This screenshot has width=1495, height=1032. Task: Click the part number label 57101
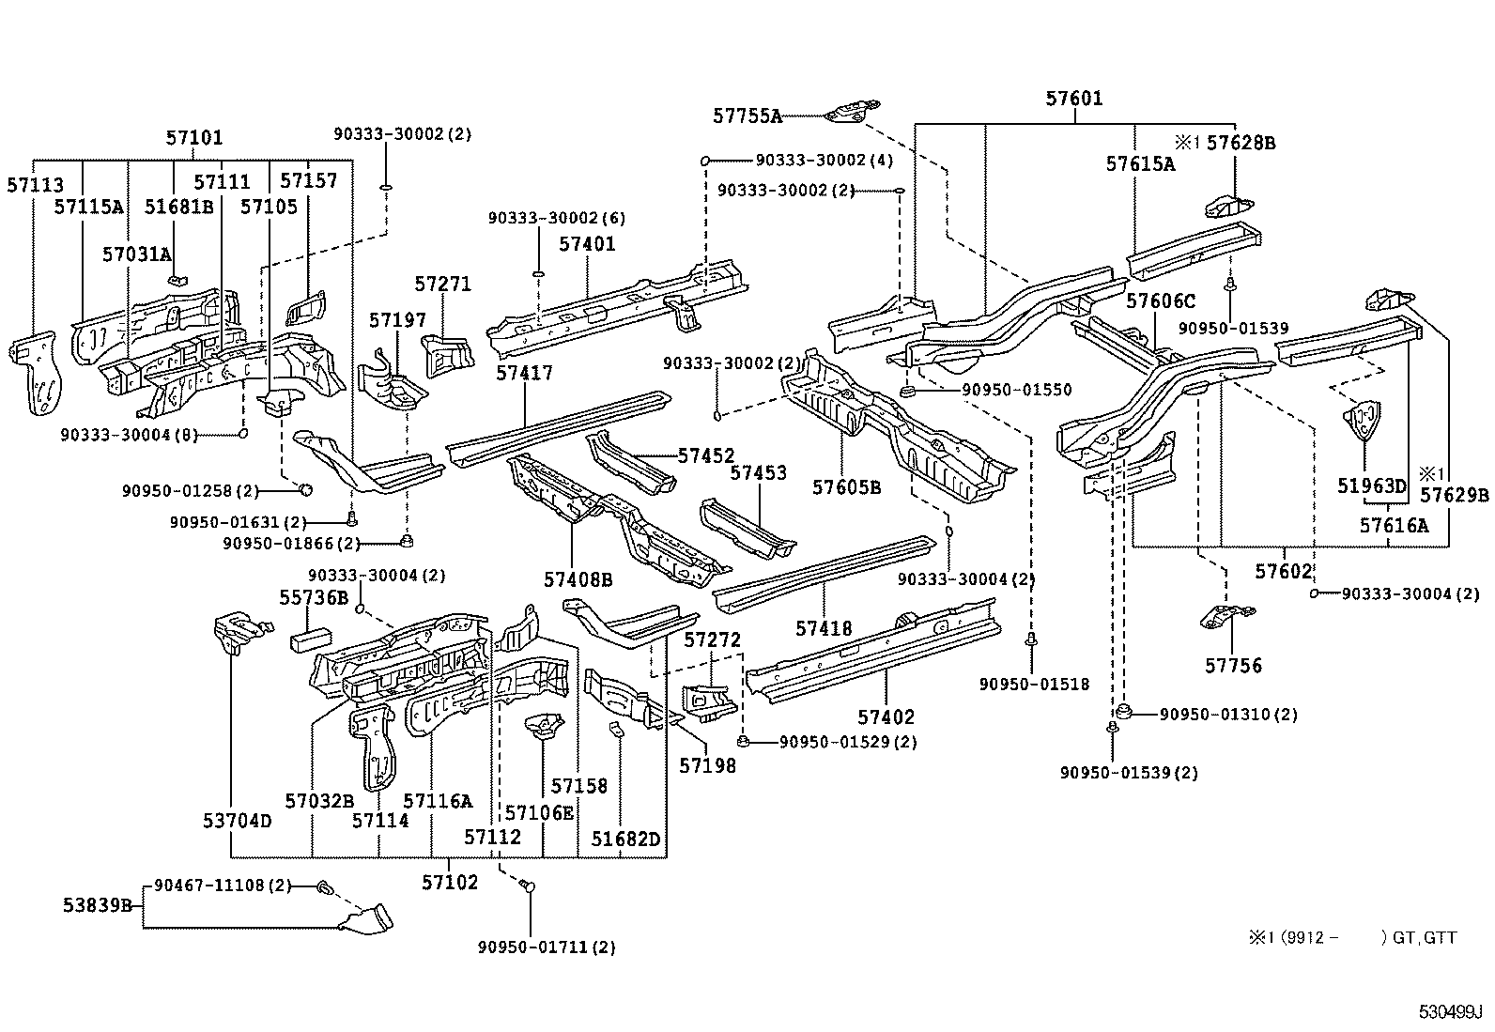(194, 138)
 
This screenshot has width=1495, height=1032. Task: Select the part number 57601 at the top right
(1074, 99)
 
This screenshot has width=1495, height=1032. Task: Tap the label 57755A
(747, 116)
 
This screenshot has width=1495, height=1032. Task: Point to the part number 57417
(524, 373)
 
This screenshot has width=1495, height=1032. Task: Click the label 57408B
(578, 580)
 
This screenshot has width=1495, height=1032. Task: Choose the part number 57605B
(846, 487)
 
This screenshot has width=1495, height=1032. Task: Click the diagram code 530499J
(1449, 1012)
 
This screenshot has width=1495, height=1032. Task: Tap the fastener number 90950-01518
(1033, 685)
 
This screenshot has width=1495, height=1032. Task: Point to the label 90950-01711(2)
(547, 947)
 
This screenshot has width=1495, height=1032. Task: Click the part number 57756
(1233, 666)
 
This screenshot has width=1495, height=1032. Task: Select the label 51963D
(1372, 485)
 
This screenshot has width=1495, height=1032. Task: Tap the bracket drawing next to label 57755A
(849, 111)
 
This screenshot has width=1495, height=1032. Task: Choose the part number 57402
(886, 717)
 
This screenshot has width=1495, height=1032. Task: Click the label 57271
(442, 285)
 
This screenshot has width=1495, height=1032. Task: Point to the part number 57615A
(1139, 163)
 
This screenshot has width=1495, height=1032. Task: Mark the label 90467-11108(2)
(223, 886)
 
